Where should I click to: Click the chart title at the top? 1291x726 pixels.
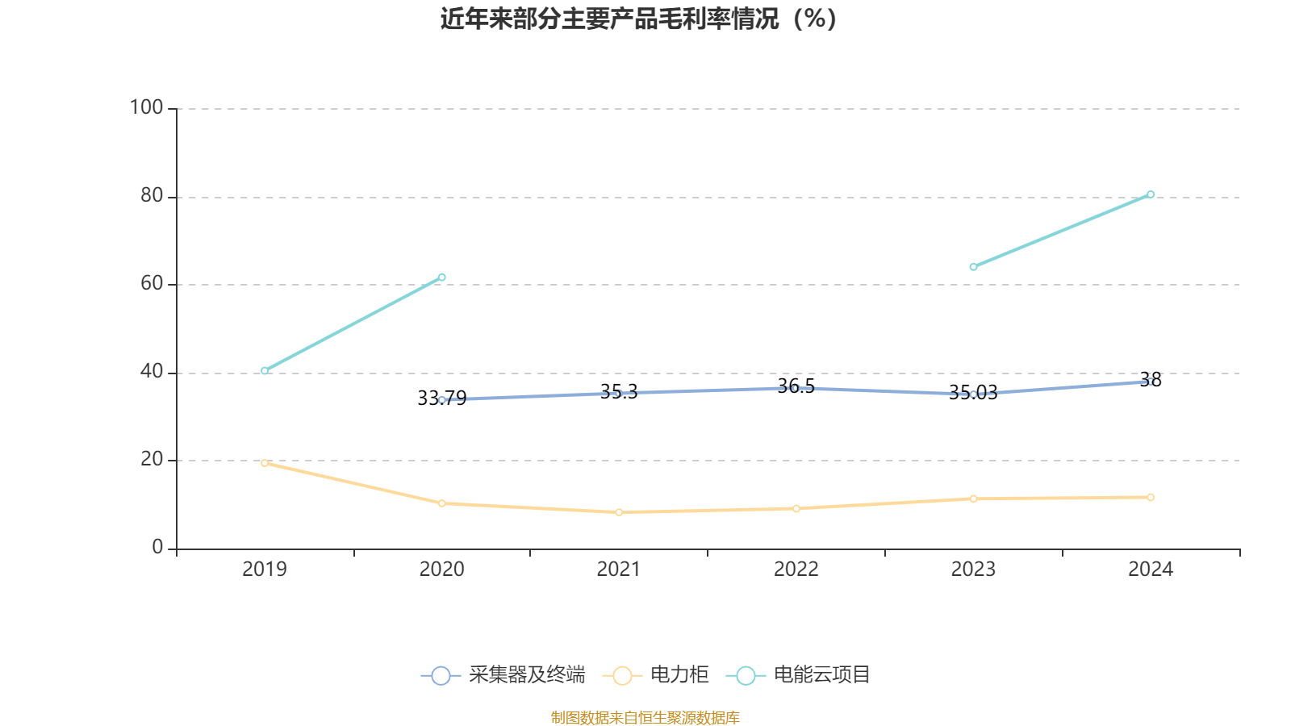click(639, 19)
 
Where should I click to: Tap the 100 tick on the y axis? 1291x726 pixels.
click(146, 107)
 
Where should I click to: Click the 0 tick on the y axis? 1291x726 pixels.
click(157, 548)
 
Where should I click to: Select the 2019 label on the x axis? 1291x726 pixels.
click(265, 570)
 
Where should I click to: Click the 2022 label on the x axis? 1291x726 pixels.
click(796, 570)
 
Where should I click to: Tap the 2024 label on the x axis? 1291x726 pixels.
click(1150, 570)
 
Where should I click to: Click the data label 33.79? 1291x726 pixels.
click(441, 398)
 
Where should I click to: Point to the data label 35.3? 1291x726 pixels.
click(619, 392)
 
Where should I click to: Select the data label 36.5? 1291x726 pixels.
click(796, 386)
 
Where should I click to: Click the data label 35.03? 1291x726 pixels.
click(972, 393)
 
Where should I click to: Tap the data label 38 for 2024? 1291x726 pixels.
click(1151, 379)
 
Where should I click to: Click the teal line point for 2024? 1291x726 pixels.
click(1151, 194)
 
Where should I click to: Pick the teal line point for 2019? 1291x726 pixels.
click(265, 371)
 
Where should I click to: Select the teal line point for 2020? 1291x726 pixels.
click(441, 277)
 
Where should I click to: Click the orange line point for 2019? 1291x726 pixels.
click(265, 463)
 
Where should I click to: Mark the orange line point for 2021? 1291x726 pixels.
click(619, 512)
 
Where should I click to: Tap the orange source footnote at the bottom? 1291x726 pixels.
click(645, 717)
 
